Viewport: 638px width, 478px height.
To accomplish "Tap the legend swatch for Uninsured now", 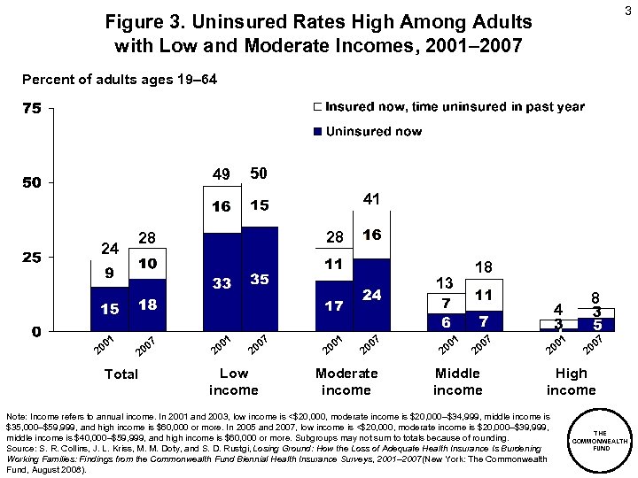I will click(x=317, y=132).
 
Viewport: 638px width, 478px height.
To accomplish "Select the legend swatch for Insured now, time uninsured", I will click(x=317, y=107).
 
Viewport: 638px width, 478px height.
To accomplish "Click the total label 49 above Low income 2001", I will click(x=220, y=173).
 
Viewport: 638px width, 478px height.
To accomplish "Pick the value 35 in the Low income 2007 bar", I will click(x=260, y=280).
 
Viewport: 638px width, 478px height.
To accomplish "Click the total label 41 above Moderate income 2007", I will click(x=371, y=201).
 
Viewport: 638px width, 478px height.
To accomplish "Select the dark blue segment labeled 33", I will click(x=222, y=283).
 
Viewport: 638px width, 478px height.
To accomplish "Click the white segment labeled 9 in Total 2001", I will click(x=109, y=273).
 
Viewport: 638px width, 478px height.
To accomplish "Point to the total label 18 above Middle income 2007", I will click(x=484, y=267).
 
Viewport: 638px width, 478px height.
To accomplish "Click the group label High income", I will click(x=571, y=382).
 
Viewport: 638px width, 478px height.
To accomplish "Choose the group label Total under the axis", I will click(x=121, y=374).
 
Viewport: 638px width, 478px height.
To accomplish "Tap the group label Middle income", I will click(x=458, y=382).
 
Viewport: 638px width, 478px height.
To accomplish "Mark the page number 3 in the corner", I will click(x=624, y=11).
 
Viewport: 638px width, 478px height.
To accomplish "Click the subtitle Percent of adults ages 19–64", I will click(x=118, y=80).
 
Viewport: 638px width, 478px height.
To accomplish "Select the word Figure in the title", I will click(x=130, y=20).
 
